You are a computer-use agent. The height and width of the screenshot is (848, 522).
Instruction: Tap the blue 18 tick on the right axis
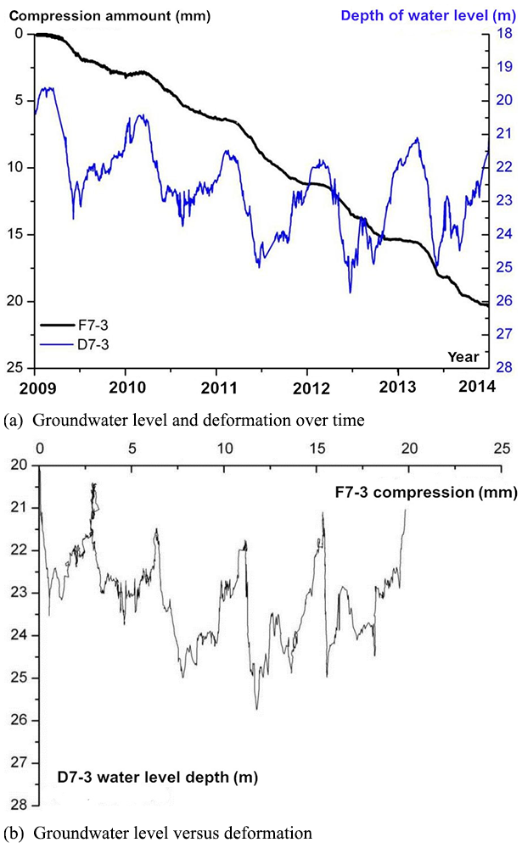[x=502, y=33]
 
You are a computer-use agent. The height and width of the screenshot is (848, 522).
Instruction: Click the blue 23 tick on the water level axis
[x=502, y=200]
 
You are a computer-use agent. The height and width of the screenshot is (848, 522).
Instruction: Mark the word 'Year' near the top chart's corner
[x=463, y=356]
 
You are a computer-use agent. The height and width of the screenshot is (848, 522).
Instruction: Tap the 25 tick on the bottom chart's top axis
[x=502, y=447]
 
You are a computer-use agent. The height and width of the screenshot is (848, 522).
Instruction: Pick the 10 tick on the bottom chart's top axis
[x=224, y=447]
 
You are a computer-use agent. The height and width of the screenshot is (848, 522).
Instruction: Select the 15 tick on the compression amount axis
[x=20, y=234]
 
